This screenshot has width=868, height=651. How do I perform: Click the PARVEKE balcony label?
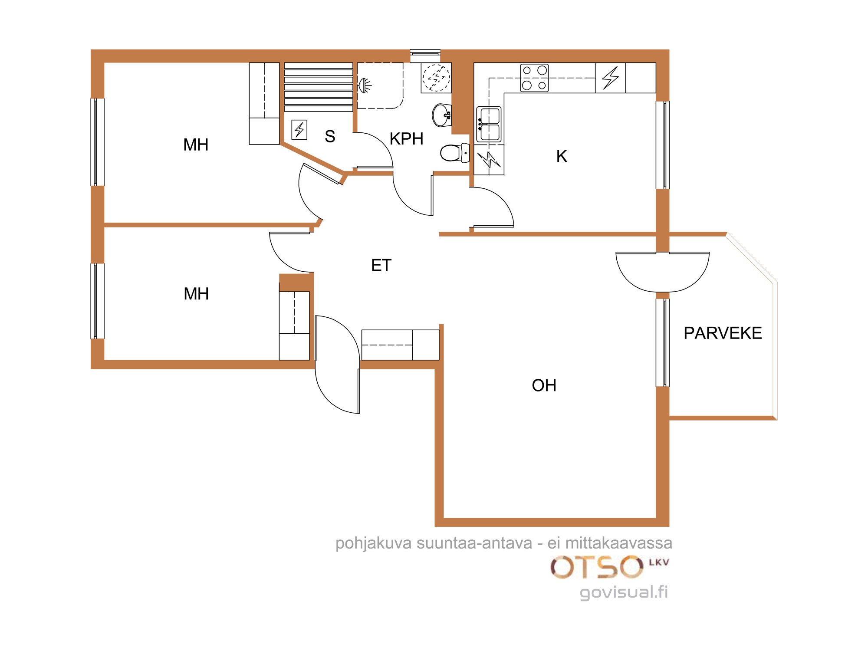(723, 333)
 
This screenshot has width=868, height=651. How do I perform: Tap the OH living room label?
(544, 385)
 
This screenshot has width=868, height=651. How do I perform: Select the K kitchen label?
(562, 156)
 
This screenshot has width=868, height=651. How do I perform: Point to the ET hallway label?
(381, 265)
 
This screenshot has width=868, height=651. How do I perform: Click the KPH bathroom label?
(406, 139)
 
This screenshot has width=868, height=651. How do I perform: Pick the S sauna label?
(330, 137)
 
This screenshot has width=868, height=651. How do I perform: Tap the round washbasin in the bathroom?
(442, 115)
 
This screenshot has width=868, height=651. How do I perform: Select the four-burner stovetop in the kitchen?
(534, 78)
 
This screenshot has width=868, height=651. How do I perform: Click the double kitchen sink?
(489, 125)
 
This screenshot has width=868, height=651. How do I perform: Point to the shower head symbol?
(365, 85)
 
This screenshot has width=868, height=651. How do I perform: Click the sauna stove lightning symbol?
(299, 130)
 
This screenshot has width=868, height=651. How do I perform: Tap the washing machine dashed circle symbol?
(436, 78)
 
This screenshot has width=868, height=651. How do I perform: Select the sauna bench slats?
(319, 87)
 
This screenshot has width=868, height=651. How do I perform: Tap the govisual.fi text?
(624, 592)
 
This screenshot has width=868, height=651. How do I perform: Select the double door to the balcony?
(662, 272)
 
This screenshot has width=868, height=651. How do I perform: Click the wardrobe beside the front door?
(400, 345)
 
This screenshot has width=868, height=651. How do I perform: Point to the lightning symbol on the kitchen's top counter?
(610, 78)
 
